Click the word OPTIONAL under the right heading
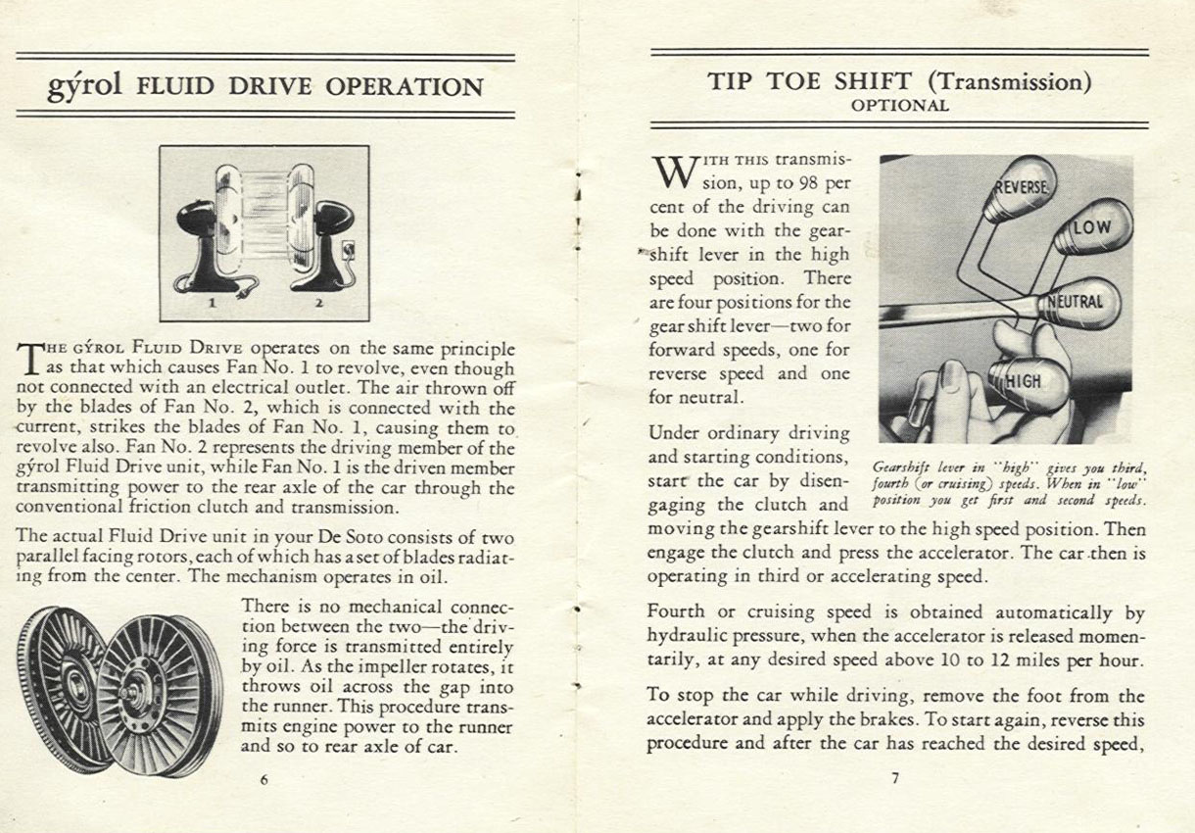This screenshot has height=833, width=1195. [x=899, y=106]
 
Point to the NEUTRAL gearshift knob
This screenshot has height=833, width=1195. [x=1075, y=302]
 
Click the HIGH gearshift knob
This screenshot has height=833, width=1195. [x=1022, y=380]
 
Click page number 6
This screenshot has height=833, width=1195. [x=264, y=780]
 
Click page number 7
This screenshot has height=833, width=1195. [x=894, y=779]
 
